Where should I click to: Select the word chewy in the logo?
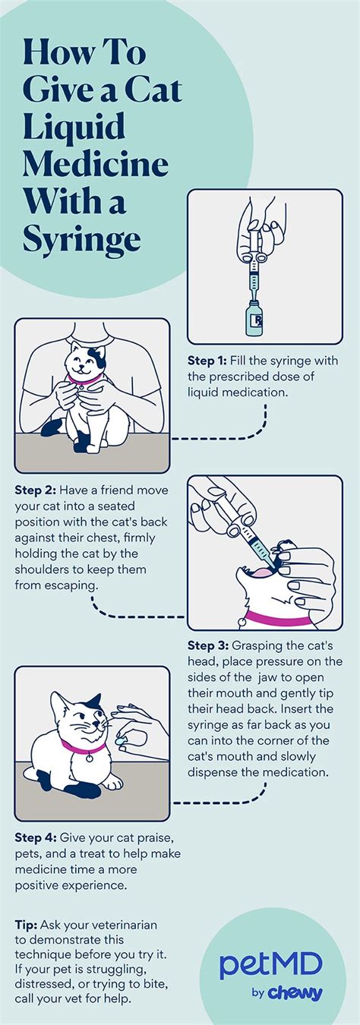pyautogui.click(x=297, y=993)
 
